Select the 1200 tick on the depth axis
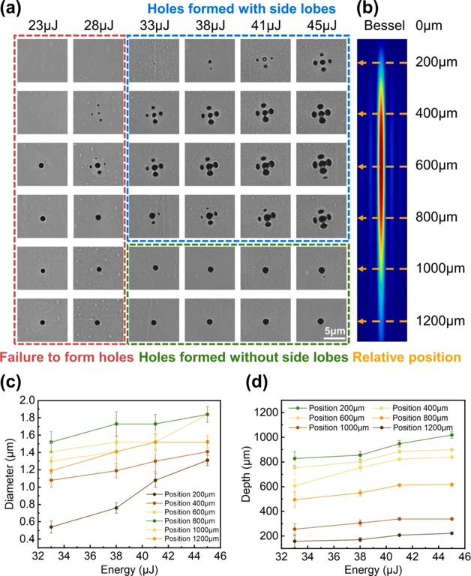pos(268,412)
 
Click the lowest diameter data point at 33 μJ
pos(50,526)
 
